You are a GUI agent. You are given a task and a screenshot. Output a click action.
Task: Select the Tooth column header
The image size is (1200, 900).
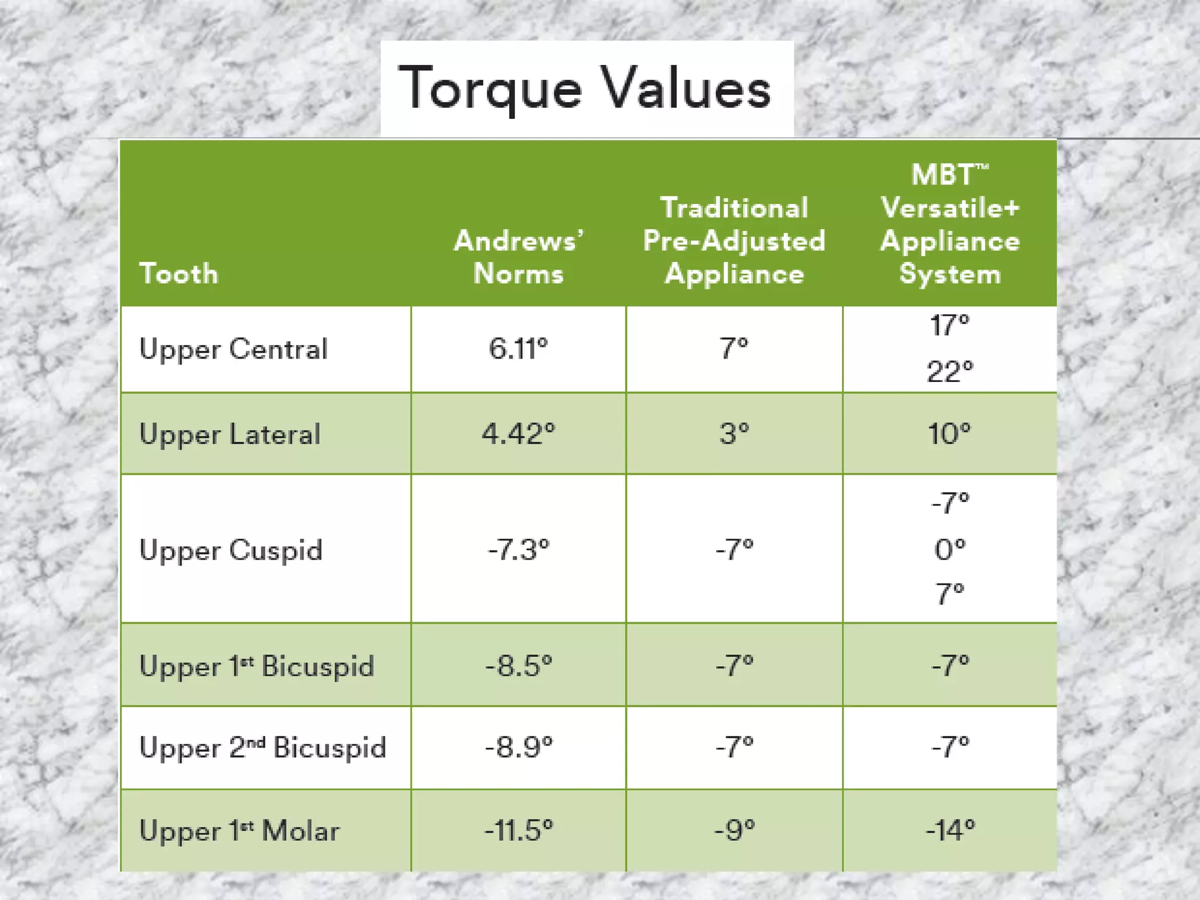point(179,274)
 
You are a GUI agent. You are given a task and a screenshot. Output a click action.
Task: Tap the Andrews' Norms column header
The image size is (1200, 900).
point(519,257)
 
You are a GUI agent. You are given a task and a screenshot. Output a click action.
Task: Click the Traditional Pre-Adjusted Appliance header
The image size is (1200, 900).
point(734,241)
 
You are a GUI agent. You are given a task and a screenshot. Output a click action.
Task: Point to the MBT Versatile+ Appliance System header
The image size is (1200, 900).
point(950,224)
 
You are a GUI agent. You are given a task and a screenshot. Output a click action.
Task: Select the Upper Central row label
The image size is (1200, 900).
point(233,349)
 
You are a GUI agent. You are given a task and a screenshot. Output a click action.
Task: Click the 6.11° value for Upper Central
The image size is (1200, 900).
point(519,349)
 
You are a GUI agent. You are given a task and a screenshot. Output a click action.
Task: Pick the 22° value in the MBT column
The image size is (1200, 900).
point(950,371)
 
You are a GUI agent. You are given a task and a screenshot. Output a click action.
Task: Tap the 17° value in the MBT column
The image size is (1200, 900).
point(950,325)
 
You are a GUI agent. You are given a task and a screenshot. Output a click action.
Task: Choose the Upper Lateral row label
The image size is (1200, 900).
point(230,435)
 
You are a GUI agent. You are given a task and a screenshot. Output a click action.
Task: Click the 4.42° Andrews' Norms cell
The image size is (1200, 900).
point(519,434)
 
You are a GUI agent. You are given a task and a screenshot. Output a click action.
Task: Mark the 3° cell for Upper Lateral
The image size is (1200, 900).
point(734,434)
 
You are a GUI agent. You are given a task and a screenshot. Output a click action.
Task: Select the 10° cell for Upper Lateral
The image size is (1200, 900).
point(950,434)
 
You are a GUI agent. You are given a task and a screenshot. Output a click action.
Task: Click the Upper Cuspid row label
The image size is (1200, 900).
point(231,551)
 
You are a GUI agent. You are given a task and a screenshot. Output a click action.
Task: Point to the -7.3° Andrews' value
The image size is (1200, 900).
point(519,550)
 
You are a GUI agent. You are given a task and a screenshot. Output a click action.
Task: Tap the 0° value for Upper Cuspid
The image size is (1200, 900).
point(950,550)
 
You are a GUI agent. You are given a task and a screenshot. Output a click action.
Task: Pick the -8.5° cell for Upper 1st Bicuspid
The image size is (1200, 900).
point(519,666)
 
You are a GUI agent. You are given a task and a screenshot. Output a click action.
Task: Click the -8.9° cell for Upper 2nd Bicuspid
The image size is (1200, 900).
point(519,748)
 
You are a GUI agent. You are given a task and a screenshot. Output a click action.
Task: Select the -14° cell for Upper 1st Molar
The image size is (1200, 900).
point(950,830)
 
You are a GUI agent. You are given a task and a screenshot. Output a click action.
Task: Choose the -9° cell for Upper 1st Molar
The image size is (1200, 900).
point(734,830)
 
